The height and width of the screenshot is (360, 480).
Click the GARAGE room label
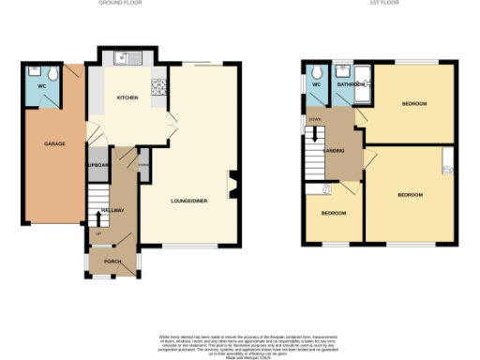(52, 143)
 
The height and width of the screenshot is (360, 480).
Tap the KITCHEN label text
(127, 97)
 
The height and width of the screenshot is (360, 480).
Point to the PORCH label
(112, 261)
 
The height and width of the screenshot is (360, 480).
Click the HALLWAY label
(113, 211)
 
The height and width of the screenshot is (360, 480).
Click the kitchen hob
(158, 90)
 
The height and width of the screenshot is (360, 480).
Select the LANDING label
(334, 150)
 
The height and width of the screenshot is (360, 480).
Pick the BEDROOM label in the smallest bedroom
(333, 213)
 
